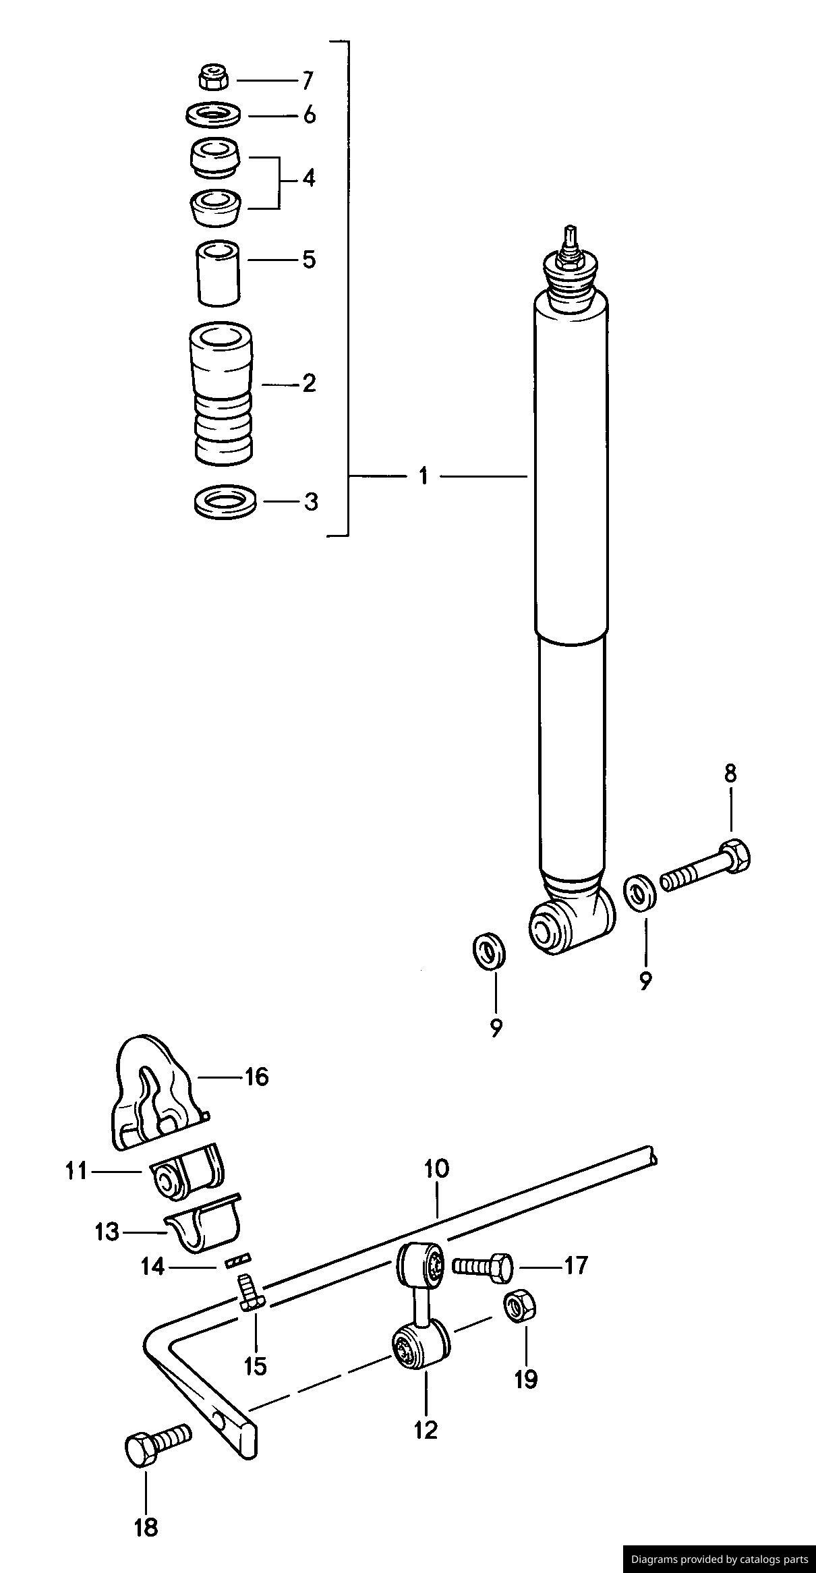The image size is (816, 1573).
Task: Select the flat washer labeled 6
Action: [213, 115]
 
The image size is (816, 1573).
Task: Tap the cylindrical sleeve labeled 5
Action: [217, 272]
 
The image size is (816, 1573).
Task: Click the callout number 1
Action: [423, 476]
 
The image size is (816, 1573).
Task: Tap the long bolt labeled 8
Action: [706, 868]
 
